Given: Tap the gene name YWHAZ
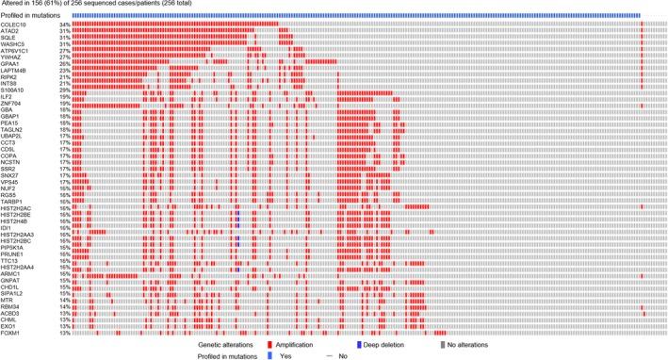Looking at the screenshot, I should tap(12, 57).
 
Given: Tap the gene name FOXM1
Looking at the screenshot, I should tap(10, 332).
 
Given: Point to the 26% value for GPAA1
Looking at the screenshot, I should tap(65, 63).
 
